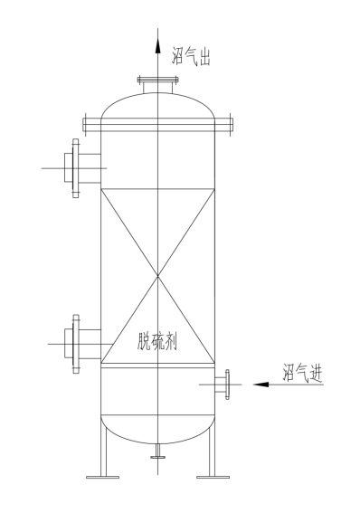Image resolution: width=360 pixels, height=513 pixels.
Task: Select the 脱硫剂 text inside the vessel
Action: pyautogui.click(x=157, y=340)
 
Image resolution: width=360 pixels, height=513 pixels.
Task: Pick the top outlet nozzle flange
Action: pyautogui.click(x=157, y=82)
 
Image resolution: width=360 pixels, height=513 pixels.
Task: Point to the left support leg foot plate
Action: pyautogui.click(x=99, y=476)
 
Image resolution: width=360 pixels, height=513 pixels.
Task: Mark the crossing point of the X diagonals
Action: pyautogui.click(x=157, y=277)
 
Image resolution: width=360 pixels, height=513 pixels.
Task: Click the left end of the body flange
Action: pyautogui.click(x=84, y=123)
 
